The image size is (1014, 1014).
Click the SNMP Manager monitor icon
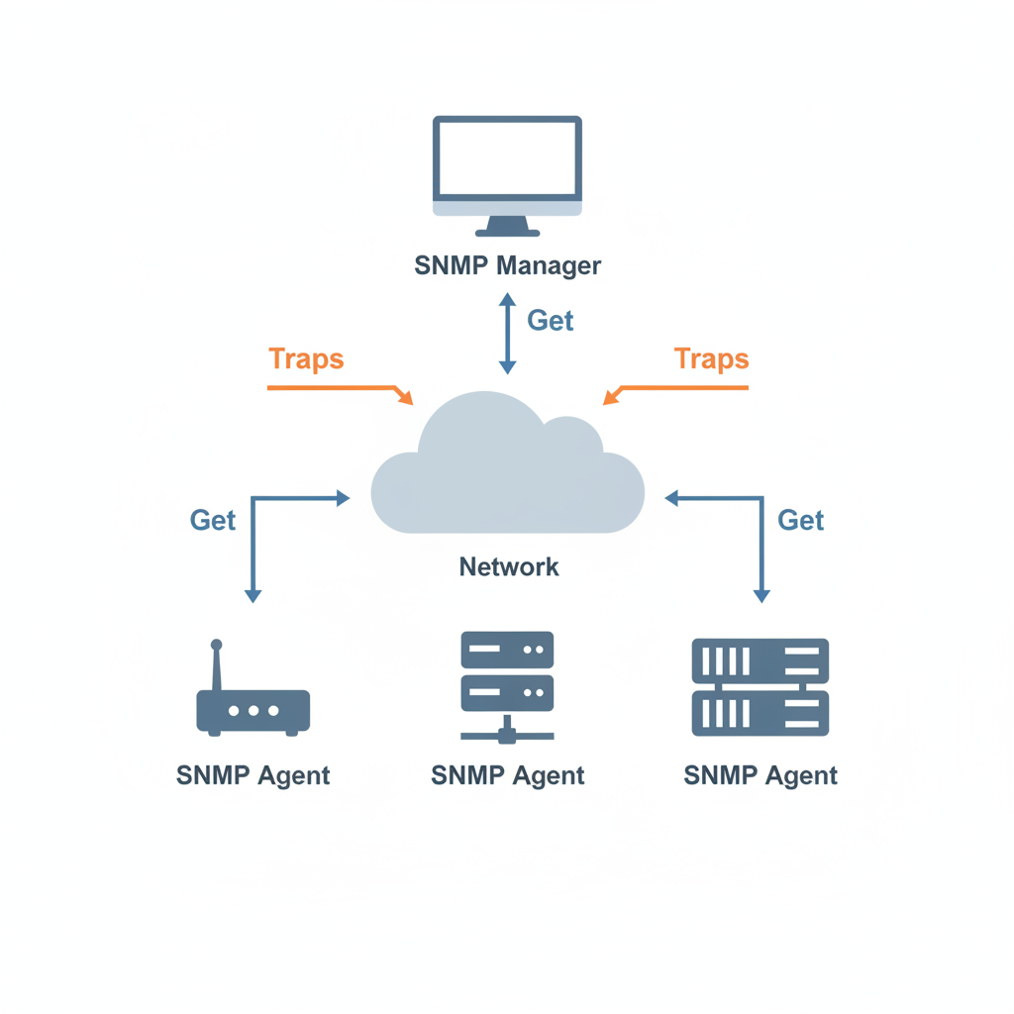click(x=507, y=176)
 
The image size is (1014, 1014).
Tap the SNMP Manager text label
click(x=508, y=265)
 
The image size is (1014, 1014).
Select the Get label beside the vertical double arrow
click(x=551, y=320)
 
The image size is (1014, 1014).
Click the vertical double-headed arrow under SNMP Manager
click(x=508, y=333)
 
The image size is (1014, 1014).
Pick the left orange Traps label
click(x=306, y=358)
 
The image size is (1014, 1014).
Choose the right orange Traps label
click(x=711, y=358)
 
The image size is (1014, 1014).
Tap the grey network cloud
click(x=508, y=463)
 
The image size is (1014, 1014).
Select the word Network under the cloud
click(x=509, y=567)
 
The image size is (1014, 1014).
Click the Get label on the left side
click(x=213, y=520)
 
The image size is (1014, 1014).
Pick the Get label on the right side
click(x=800, y=520)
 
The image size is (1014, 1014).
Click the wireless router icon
click(x=253, y=688)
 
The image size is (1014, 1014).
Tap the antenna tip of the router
click(x=217, y=644)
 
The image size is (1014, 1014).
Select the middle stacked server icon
click(x=507, y=687)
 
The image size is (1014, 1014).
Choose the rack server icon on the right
click(x=760, y=687)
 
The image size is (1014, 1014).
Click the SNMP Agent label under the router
click(x=253, y=775)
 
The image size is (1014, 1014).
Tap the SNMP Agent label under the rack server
click(x=760, y=775)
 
